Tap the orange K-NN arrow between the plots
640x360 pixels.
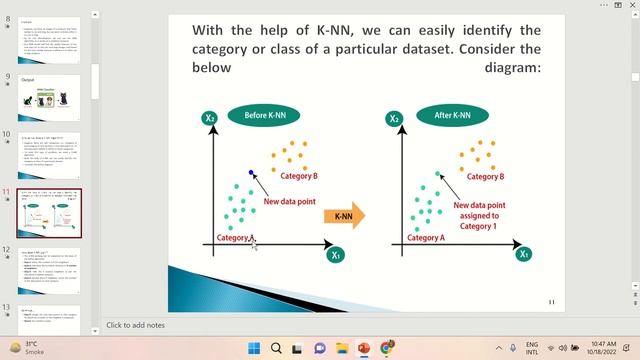click(x=344, y=215)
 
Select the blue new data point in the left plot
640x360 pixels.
click(x=251, y=173)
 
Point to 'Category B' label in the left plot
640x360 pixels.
click(x=299, y=176)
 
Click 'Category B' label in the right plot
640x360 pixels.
click(x=482, y=176)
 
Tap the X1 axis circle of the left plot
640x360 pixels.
click(x=336, y=255)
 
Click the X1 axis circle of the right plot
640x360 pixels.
click(x=524, y=254)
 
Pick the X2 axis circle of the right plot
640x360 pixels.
click(x=394, y=118)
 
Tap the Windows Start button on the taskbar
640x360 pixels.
click(x=254, y=348)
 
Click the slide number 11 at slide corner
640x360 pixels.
click(x=550, y=301)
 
